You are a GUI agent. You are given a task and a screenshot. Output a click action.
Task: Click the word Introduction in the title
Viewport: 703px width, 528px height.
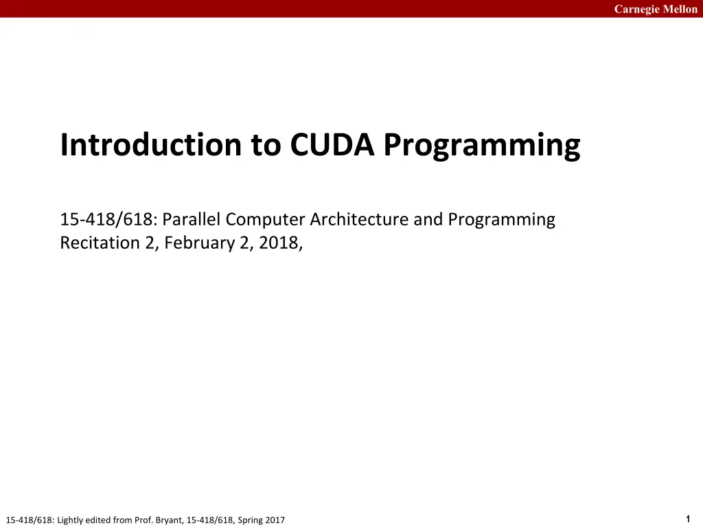[x=151, y=144]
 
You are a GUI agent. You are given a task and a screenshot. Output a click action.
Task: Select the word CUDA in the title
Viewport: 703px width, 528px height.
[x=332, y=144]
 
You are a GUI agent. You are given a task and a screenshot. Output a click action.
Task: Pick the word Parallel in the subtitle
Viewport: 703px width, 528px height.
[x=192, y=219]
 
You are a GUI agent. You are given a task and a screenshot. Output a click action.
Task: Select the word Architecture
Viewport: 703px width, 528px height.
[x=359, y=219]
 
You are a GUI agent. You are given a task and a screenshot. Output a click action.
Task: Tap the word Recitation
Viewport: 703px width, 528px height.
[x=100, y=243]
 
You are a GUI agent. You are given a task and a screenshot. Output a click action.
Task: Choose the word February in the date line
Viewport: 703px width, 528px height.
[x=199, y=243]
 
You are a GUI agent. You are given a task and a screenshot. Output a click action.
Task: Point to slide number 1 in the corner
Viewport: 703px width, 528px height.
[x=688, y=519]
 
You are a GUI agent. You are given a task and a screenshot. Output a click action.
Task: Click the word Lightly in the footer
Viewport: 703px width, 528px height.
[x=69, y=520]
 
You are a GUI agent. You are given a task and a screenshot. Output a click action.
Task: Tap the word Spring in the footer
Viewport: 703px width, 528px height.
[x=250, y=520]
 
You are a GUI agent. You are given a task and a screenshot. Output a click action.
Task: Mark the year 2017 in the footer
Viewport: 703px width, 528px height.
[x=275, y=520]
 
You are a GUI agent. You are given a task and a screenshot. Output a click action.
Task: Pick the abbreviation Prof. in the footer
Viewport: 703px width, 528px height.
[x=143, y=520]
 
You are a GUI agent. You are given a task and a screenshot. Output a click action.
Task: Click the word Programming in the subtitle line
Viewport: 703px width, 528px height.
[x=501, y=220]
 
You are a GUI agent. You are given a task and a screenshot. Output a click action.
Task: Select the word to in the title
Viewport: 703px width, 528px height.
[x=266, y=146]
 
